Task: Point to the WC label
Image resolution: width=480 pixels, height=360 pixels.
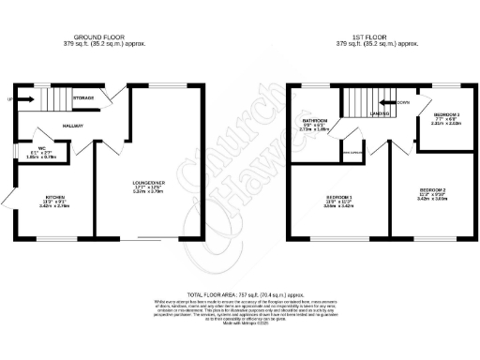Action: tap(27, 147)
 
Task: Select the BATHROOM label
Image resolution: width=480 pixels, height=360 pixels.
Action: tap(315, 121)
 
